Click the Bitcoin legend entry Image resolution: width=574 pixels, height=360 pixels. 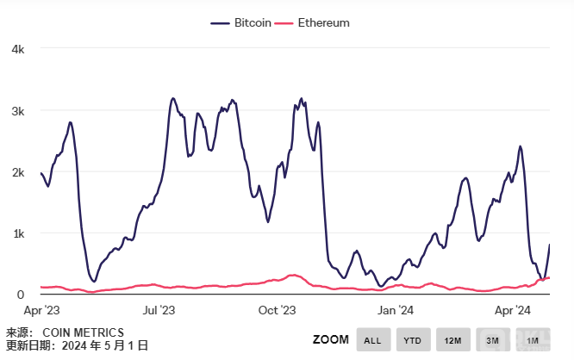pyautogui.click(x=243, y=22)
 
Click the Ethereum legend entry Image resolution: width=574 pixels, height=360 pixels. pyautogui.click(x=315, y=22)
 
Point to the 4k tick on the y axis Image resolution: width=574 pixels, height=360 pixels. pyautogui.click(x=17, y=49)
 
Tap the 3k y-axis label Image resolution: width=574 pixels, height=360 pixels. pyautogui.click(x=17, y=111)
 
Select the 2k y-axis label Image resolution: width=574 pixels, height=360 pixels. pyautogui.click(x=17, y=172)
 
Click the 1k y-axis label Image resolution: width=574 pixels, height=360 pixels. pyautogui.click(x=17, y=233)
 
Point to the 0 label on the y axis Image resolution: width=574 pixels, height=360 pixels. pyautogui.click(x=21, y=295)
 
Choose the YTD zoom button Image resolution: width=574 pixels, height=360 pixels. pyautogui.click(x=413, y=340)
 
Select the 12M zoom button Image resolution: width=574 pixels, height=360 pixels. pyautogui.click(x=452, y=340)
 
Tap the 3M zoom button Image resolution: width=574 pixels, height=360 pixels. pyautogui.click(x=492, y=340)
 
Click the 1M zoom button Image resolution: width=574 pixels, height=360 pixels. pyautogui.click(x=532, y=340)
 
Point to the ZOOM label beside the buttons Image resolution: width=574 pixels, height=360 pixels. pyautogui.click(x=330, y=340)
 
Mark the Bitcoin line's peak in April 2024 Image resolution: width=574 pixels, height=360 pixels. pyautogui.click(x=520, y=146)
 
